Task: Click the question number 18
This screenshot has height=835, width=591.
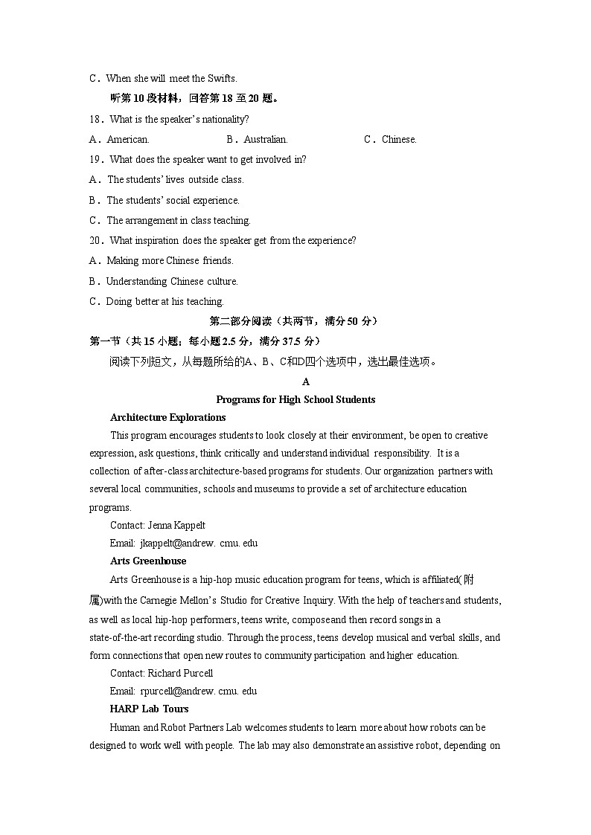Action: pos(95,119)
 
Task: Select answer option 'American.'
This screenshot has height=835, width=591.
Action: pos(127,139)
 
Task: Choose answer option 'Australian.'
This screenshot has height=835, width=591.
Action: pos(266,139)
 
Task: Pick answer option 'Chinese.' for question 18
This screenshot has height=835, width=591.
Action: pos(399,139)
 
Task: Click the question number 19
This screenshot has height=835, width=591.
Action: pos(95,159)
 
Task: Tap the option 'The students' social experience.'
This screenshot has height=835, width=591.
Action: pos(173,200)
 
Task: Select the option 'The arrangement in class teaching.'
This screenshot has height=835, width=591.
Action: pos(179,220)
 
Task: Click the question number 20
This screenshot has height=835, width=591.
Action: pos(95,240)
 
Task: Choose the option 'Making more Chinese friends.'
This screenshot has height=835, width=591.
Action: pos(170,260)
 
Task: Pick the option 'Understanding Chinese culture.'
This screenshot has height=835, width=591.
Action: pos(171,281)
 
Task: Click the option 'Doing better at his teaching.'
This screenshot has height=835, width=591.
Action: pos(164,301)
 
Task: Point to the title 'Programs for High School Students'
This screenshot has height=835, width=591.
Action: pos(295,399)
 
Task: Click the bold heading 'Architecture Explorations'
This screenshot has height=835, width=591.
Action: pos(167,417)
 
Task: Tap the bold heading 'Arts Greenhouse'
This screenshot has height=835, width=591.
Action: pos(148,561)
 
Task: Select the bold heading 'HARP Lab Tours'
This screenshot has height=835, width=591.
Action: pos(149,709)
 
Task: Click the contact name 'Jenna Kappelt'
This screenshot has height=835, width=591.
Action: pos(176,525)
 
